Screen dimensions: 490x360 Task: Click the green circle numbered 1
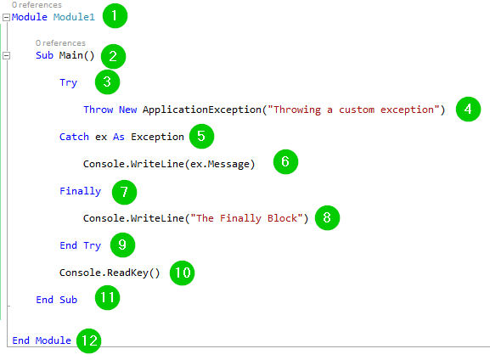[x=115, y=15]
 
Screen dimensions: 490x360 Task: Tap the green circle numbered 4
[x=468, y=109]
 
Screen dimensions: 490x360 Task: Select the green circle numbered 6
[x=285, y=161]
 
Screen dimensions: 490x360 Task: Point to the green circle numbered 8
[x=327, y=217]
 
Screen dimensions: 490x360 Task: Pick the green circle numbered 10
[x=183, y=273]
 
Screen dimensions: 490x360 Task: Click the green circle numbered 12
[x=89, y=340]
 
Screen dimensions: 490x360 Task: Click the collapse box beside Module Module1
[x=6, y=17]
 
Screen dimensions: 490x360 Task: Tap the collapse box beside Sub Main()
[x=6, y=56]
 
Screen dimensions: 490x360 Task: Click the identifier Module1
[x=74, y=17]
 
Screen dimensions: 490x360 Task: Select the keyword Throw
[x=99, y=110]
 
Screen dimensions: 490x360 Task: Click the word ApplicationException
[x=202, y=110]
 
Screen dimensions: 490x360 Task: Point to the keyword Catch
[x=74, y=137]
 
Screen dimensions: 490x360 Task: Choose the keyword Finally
[x=81, y=191]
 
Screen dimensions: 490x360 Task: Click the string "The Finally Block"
[x=246, y=218]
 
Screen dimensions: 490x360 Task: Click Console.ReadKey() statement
[x=110, y=273]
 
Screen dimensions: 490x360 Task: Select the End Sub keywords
[x=56, y=300]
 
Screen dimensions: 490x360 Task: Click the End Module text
[x=42, y=340]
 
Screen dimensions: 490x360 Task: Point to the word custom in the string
[x=357, y=110]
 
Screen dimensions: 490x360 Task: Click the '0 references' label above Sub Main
[x=60, y=42]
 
